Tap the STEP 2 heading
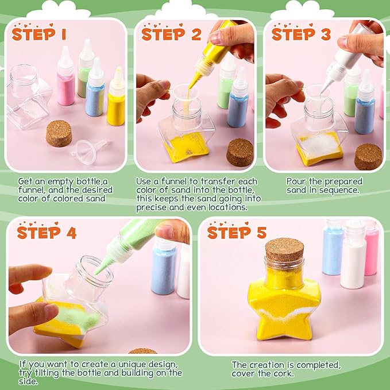(x=171, y=34)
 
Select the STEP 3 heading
(x=301, y=34)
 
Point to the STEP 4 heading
(x=47, y=233)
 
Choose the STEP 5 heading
(x=237, y=233)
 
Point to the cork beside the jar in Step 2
(x=240, y=152)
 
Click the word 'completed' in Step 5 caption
(x=316, y=365)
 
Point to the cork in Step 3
(x=368, y=156)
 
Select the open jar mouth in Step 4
(x=94, y=271)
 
